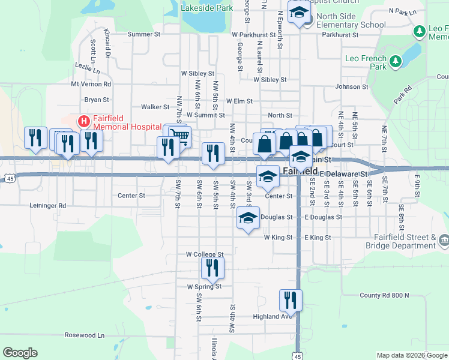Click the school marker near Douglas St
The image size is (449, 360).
(x=247, y=218)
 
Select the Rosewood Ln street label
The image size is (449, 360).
(x=85, y=335)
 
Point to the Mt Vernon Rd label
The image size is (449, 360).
(x=91, y=85)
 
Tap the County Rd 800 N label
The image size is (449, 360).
(x=384, y=295)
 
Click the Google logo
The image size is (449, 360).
(x=20, y=353)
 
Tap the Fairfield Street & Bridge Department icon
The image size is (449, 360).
(x=444, y=241)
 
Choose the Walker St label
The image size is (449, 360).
(x=155, y=107)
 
